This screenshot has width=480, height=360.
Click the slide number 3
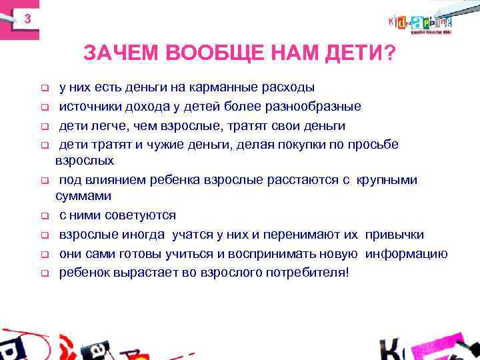point(27,19)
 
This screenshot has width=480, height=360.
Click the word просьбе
point(373,144)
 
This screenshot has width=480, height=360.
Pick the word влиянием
point(106,180)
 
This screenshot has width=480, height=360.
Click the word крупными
point(393,180)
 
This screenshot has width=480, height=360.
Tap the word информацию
point(407,254)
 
